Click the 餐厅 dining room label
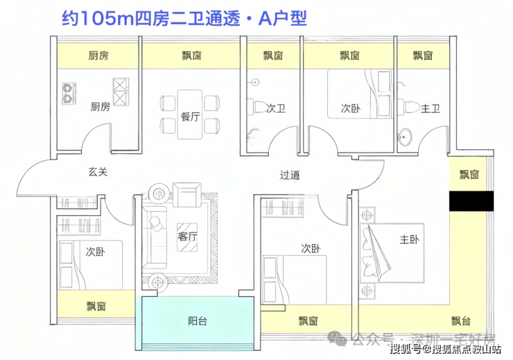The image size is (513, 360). pos(191,116)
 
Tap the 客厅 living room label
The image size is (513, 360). pos(187,236)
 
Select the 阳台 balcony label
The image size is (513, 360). pos(198,321)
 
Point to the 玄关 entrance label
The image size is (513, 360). pos(98,171)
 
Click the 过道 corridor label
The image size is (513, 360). pos(290,175)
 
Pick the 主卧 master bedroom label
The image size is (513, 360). pos(409,239)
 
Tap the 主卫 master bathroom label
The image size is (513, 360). pos(431,108)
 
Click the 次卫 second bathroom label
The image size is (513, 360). pos(276,108)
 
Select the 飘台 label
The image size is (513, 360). pos(461,321)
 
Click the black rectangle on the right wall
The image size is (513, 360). pos(471,201)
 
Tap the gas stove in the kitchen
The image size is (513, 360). pos(69,94)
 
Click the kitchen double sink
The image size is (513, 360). pos(121,92)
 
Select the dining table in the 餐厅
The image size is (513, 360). pos(190,114)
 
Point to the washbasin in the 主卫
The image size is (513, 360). pos(406,135)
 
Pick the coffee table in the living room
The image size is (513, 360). pos(187,237)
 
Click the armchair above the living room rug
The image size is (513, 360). pos(186,195)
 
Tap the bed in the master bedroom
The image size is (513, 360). pos(392,253)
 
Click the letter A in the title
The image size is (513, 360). pos(266,19)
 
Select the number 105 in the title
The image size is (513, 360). pos(97,19)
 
